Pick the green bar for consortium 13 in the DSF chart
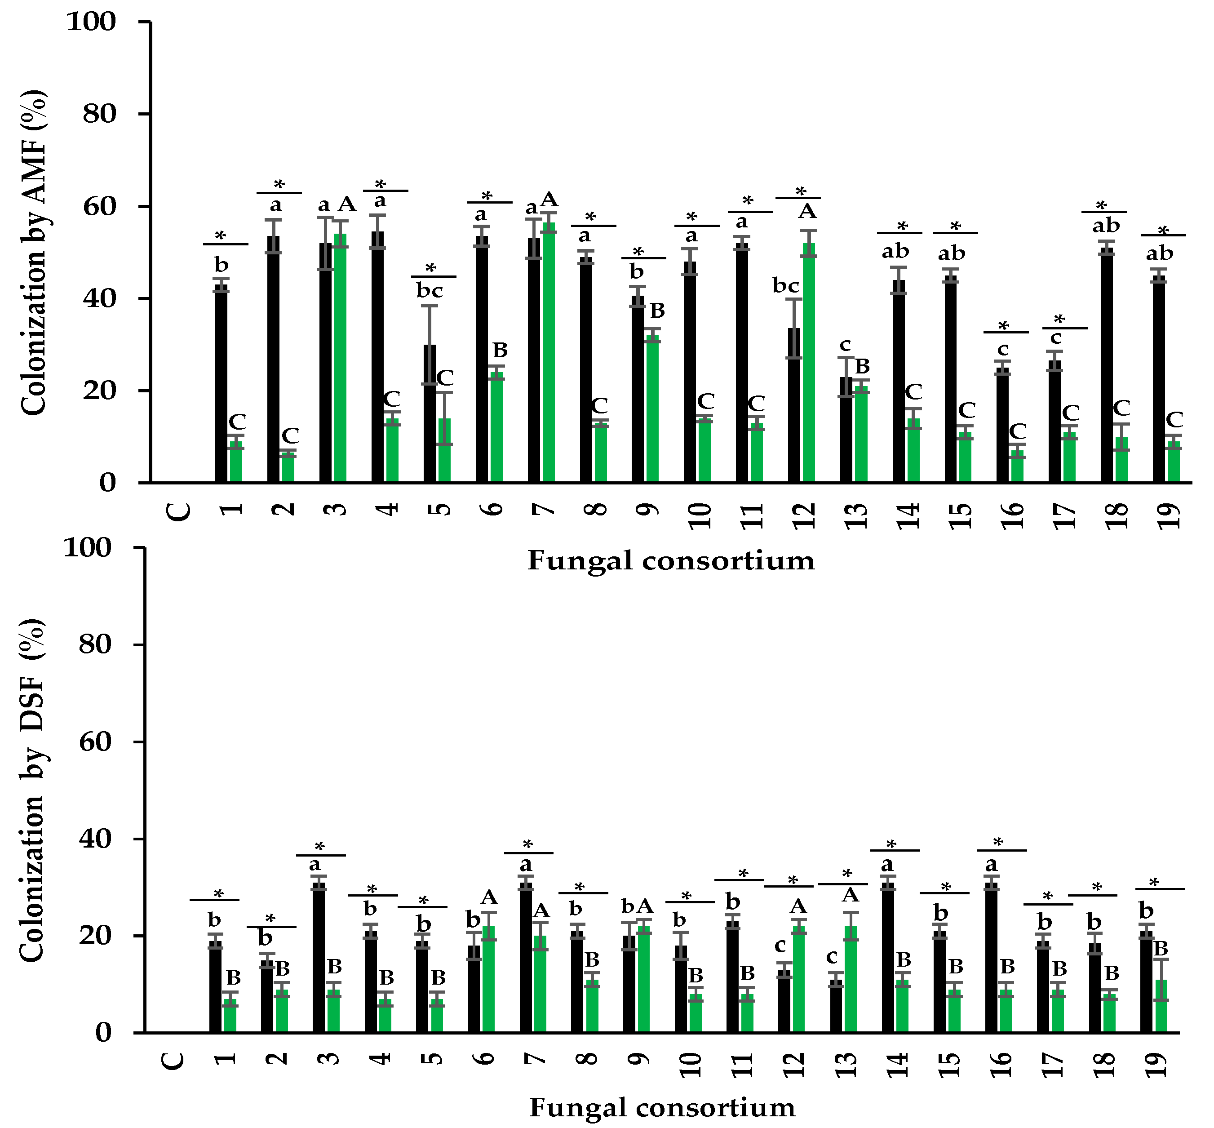851,983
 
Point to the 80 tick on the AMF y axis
99,114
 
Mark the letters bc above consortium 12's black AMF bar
786,285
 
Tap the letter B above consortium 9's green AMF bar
657,311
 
